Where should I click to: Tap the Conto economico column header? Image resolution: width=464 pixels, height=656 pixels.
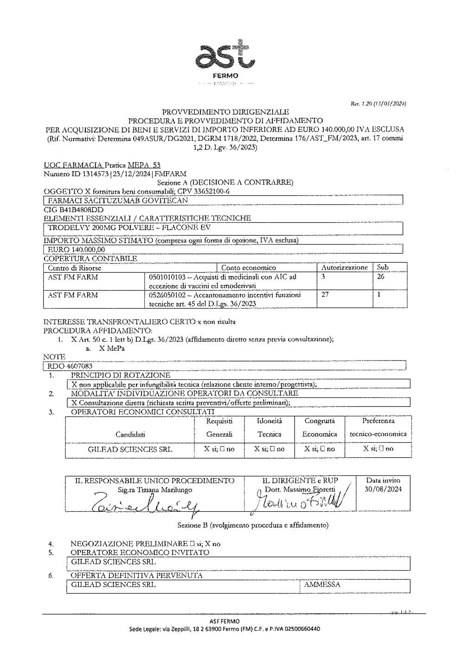(x=248, y=268)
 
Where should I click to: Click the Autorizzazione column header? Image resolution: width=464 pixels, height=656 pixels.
(x=345, y=268)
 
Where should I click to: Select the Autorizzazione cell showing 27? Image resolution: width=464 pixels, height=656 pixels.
(x=325, y=295)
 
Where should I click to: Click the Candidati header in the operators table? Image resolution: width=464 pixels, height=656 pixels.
(x=130, y=435)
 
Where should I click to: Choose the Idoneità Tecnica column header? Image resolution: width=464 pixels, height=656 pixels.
(x=269, y=428)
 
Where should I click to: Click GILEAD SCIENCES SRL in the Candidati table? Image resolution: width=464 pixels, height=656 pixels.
(x=130, y=449)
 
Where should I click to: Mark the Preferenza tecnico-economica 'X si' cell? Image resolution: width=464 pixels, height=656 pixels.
(x=378, y=449)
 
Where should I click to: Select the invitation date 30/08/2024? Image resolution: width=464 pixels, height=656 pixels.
(x=383, y=489)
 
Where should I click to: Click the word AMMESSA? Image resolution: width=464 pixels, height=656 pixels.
(x=322, y=585)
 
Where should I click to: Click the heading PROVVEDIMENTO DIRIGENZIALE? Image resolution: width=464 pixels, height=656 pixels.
(x=225, y=112)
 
